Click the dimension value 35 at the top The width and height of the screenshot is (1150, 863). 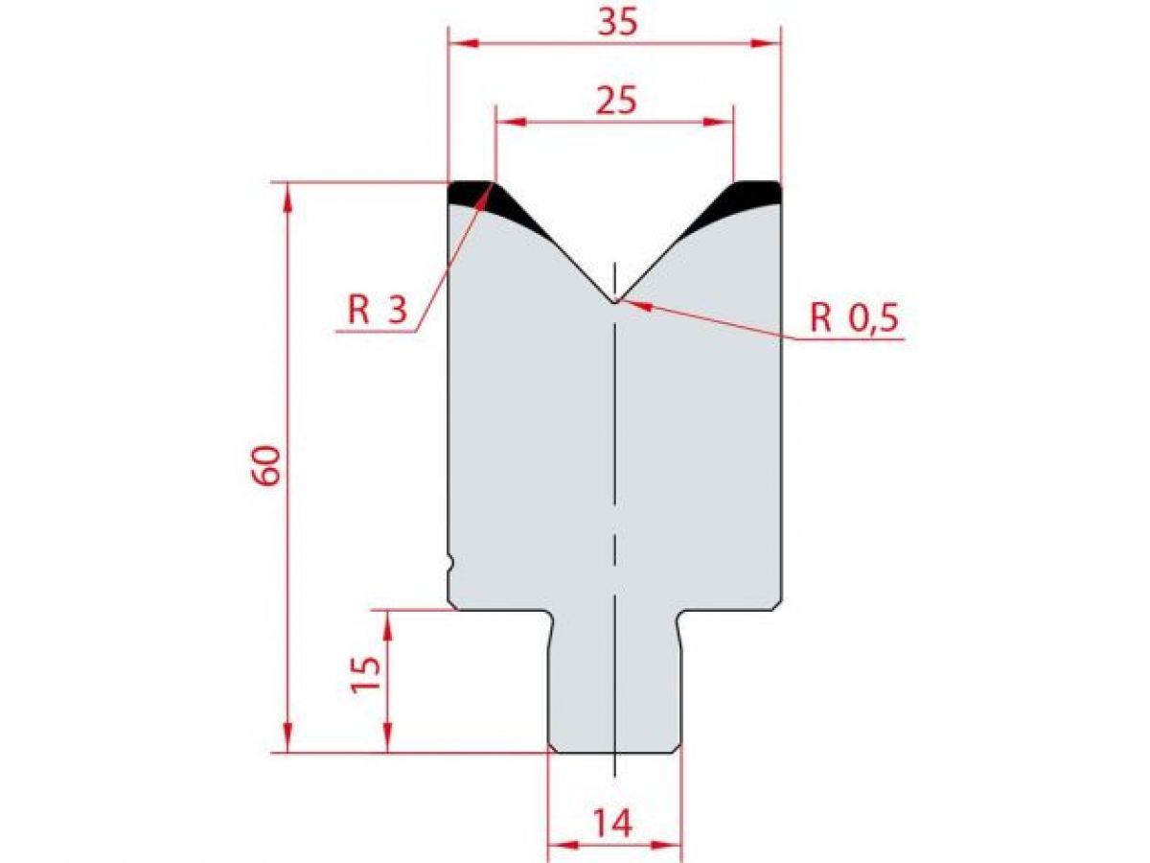point(614,23)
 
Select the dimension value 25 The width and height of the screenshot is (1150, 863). point(614,101)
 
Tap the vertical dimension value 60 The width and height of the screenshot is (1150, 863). point(269,465)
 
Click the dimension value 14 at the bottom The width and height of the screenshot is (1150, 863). point(613,823)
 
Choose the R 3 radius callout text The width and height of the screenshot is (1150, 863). point(378,310)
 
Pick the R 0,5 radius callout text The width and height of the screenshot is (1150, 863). point(855,317)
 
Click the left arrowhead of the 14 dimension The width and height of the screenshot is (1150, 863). point(560,846)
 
